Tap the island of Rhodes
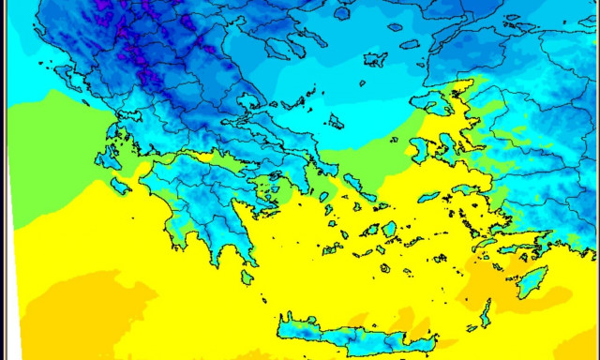tap(532, 281)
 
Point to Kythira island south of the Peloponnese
tap(247, 277)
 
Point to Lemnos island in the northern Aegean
tap(375, 59)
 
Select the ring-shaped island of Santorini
tap(384, 267)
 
